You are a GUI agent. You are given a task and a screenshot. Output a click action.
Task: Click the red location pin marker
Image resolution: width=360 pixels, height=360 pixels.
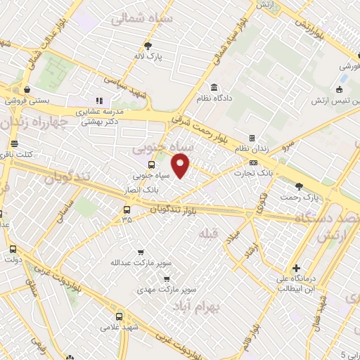(x=181, y=167)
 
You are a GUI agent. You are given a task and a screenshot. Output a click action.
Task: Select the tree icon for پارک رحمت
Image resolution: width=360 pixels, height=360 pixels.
(x=299, y=186)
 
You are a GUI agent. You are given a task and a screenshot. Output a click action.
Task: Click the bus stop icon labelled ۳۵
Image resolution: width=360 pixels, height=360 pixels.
(x=127, y=209)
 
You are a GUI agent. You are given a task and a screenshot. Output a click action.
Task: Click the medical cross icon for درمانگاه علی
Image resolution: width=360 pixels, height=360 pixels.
(x=297, y=268)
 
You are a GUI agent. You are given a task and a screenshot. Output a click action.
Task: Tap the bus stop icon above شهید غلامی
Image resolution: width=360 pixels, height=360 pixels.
(x=120, y=316)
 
